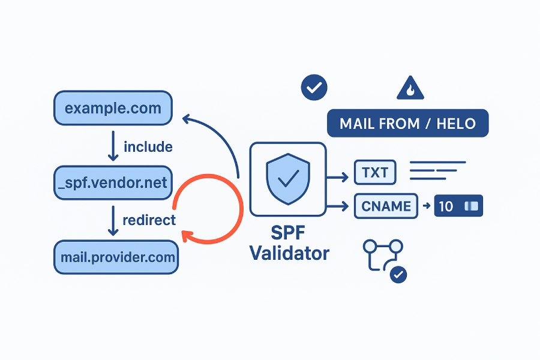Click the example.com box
click(x=113, y=109)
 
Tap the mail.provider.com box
click(x=116, y=257)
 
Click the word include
click(x=148, y=146)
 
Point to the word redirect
click(x=149, y=220)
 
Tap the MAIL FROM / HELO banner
click(x=407, y=124)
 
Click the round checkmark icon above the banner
click(x=313, y=88)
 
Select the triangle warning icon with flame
click(x=410, y=89)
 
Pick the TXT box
click(x=375, y=174)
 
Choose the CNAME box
click(x=386, y=206)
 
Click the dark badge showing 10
click(x=458, y=206)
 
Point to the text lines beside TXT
click(x=437, y=170)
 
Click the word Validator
click(x=290, y=252)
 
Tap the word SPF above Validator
click(x=290, y=232)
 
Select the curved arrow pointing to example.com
click(x=216, y=138)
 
